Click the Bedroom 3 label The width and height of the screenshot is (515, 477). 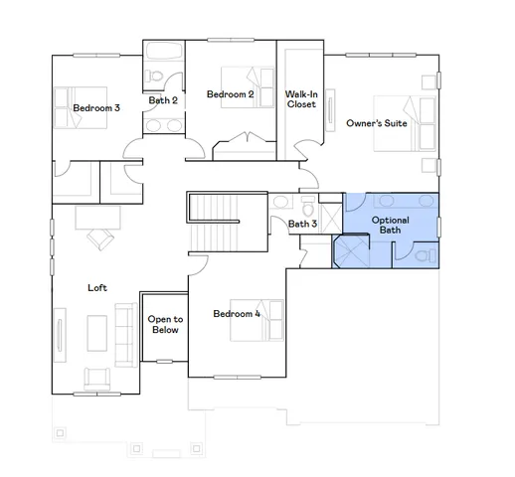[96, 107]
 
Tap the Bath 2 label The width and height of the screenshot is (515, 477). [163, 100]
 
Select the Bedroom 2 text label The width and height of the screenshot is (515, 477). [231, 94]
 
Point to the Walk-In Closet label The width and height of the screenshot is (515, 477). [300, 99]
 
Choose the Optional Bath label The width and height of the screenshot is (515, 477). [390, 226]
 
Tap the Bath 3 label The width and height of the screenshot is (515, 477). [302, 225]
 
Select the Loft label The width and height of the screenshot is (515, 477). [97, 288]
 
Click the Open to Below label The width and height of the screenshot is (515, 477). [165, 325]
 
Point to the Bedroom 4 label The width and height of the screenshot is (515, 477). [237, 314]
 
